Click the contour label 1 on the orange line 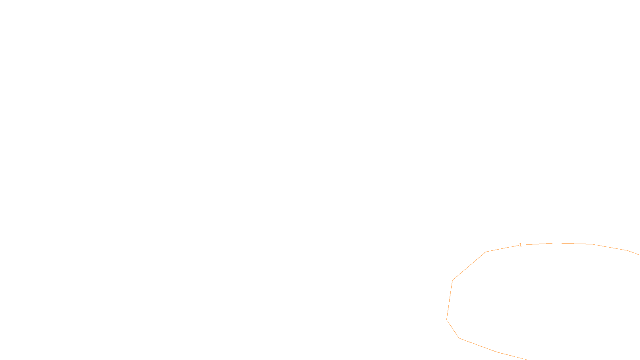pos(520,244)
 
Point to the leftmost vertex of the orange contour pos(447,320)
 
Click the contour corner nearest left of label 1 pos(486,252)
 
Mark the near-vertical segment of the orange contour pos(450,300)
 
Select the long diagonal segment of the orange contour pos(469,266)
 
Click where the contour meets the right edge pos(639,254)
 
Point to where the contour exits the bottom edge pos(526,359)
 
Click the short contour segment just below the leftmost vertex pos(453,329)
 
